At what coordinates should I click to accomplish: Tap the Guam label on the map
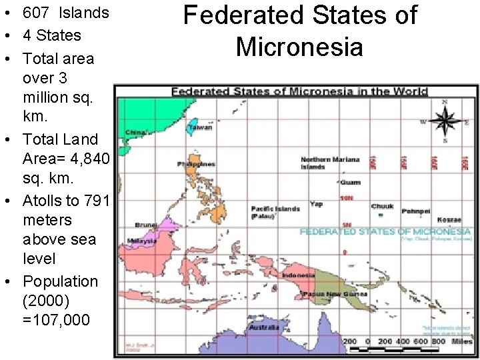click(350, 182)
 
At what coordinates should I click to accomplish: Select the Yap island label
click(316, 204)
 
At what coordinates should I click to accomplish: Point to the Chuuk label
click(382, 207)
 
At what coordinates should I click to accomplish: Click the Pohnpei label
click(416, 211)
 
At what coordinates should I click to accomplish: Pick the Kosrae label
click(449, 220)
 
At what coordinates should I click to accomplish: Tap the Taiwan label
click(200, 127)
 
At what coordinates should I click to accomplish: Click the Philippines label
click(196, 164)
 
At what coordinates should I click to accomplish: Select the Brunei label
click(145, 225)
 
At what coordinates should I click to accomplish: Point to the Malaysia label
click(143, 241)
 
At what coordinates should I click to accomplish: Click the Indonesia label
click(298, 275)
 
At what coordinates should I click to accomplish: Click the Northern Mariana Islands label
click(330, 163)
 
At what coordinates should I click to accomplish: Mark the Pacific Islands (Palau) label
click(275, 212)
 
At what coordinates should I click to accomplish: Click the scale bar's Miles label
click(461, 341)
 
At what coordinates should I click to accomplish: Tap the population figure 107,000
click(56, 320)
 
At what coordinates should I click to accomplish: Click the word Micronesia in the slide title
click(299, 47)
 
